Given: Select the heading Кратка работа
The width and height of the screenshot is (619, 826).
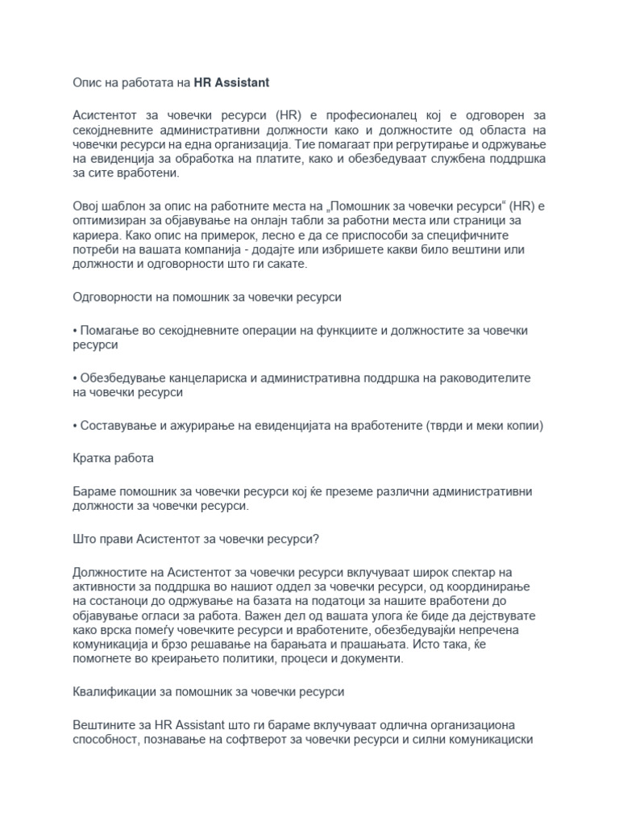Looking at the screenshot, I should pos(113,458).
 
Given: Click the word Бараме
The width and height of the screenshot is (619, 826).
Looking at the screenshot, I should pos(97,491).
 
